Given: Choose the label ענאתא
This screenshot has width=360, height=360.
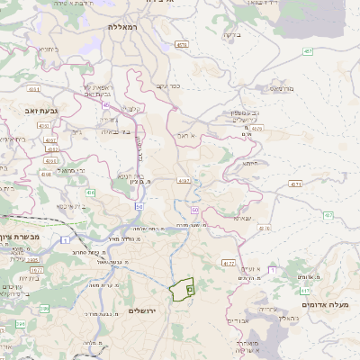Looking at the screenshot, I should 242,218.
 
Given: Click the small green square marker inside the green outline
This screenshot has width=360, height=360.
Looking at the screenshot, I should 190,289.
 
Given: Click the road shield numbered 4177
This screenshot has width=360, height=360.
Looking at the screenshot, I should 228,263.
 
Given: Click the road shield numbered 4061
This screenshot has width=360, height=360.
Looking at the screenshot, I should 34,89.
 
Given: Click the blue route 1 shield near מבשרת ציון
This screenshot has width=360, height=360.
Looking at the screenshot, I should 66,239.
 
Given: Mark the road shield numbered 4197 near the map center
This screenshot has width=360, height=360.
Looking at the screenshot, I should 184,181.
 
